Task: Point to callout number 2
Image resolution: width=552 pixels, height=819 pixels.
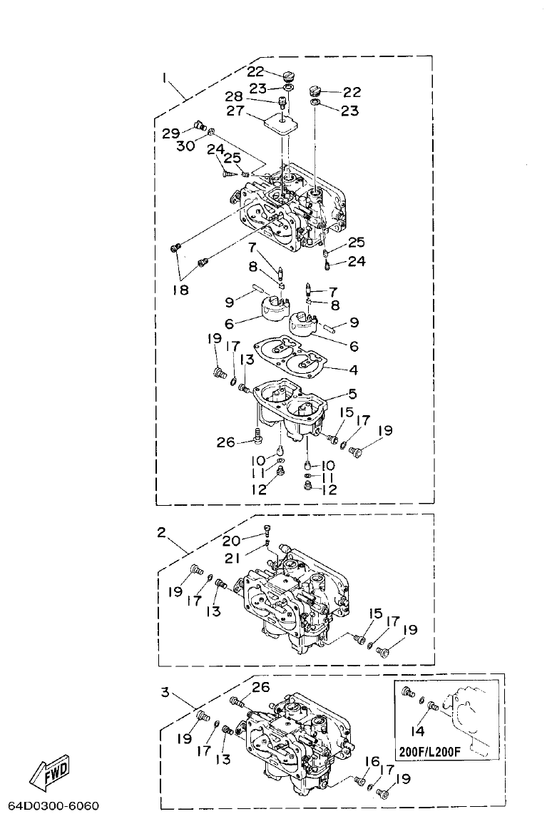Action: tap(162, 532)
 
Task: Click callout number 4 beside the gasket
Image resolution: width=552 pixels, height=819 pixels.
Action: tap(352, 370)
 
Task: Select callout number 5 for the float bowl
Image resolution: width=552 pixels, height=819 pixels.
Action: tap(353, 393)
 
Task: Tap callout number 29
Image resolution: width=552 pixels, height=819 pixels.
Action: tap(170, 133)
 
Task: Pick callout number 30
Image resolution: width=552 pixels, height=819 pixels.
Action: tap(186, 145)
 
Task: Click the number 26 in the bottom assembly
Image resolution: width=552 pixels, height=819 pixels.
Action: tap(261, 687)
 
